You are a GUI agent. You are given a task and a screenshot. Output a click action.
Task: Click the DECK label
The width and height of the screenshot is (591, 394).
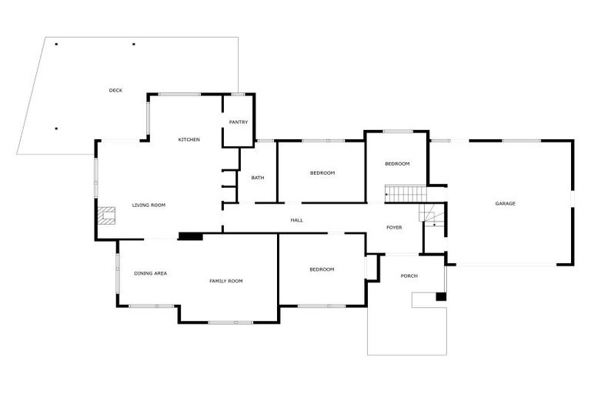point(115,91)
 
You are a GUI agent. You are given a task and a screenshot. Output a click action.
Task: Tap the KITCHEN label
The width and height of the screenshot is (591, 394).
point(189,139)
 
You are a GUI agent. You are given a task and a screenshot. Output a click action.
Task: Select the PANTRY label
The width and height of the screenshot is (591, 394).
point(239,122)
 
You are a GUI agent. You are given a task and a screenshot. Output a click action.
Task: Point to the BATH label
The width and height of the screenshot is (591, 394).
point(258,178)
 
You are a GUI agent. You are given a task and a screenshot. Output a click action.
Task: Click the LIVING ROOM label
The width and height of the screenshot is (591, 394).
point(149,205)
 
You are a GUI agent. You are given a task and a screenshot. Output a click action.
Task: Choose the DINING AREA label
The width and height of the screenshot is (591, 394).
point(150,273)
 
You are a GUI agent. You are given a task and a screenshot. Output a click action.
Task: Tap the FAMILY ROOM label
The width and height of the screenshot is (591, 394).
point(226,281)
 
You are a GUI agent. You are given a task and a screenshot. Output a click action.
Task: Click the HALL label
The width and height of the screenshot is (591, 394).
point(296,220)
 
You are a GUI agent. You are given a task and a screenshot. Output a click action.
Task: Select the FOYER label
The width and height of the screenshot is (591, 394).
point(394,227)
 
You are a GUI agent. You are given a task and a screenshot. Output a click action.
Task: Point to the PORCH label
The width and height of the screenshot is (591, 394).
point(409,276)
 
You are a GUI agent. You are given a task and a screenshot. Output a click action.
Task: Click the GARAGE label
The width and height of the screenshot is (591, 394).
point(505,203)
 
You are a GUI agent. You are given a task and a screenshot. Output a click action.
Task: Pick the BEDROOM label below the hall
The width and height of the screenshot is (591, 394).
point(322,269)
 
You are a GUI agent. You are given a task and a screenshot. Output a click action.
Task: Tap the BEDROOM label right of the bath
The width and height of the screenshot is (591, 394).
point(322,172)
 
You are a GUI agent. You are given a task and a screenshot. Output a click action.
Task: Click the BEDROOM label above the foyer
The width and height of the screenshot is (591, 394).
point(397,163)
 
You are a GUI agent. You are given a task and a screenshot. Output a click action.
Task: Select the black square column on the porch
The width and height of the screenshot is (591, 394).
point(441,297)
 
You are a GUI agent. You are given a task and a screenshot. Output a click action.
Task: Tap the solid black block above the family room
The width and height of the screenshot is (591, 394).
point(189,236)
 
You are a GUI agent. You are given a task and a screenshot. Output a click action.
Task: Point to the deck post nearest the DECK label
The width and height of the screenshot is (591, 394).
point(134,44)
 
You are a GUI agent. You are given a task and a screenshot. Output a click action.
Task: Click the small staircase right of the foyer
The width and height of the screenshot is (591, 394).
point(431,218)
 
